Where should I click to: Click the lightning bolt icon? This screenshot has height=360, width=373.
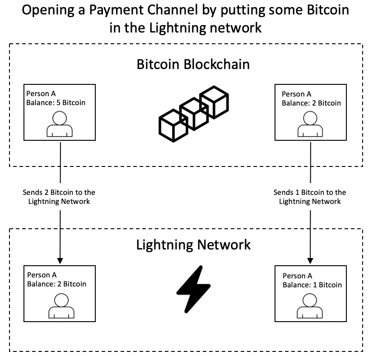193,289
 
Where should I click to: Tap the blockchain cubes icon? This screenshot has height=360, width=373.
194,114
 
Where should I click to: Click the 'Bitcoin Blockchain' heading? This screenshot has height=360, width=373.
193,64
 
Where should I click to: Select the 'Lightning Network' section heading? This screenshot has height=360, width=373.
193,245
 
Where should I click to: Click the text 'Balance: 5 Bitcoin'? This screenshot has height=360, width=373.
56,103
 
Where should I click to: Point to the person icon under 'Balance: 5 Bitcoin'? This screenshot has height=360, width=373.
60,124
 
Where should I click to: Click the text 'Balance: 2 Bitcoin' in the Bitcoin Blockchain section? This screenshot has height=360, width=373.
311,103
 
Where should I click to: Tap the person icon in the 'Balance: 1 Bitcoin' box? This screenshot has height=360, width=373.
310,306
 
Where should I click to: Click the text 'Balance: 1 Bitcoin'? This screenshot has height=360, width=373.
312,285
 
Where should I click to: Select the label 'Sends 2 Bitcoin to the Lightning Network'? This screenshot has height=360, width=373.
59,197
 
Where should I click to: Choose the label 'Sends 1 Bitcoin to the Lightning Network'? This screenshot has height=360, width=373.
310,197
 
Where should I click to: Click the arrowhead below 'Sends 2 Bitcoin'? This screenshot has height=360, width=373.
60,261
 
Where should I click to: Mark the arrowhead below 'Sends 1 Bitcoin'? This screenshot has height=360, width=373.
310,261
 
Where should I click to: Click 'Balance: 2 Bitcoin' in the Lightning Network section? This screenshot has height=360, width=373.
56,284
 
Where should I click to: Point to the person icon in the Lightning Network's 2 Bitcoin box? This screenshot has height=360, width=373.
61,306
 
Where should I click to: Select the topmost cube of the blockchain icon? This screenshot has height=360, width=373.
214,102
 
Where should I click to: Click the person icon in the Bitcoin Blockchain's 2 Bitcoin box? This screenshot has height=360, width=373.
310,124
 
